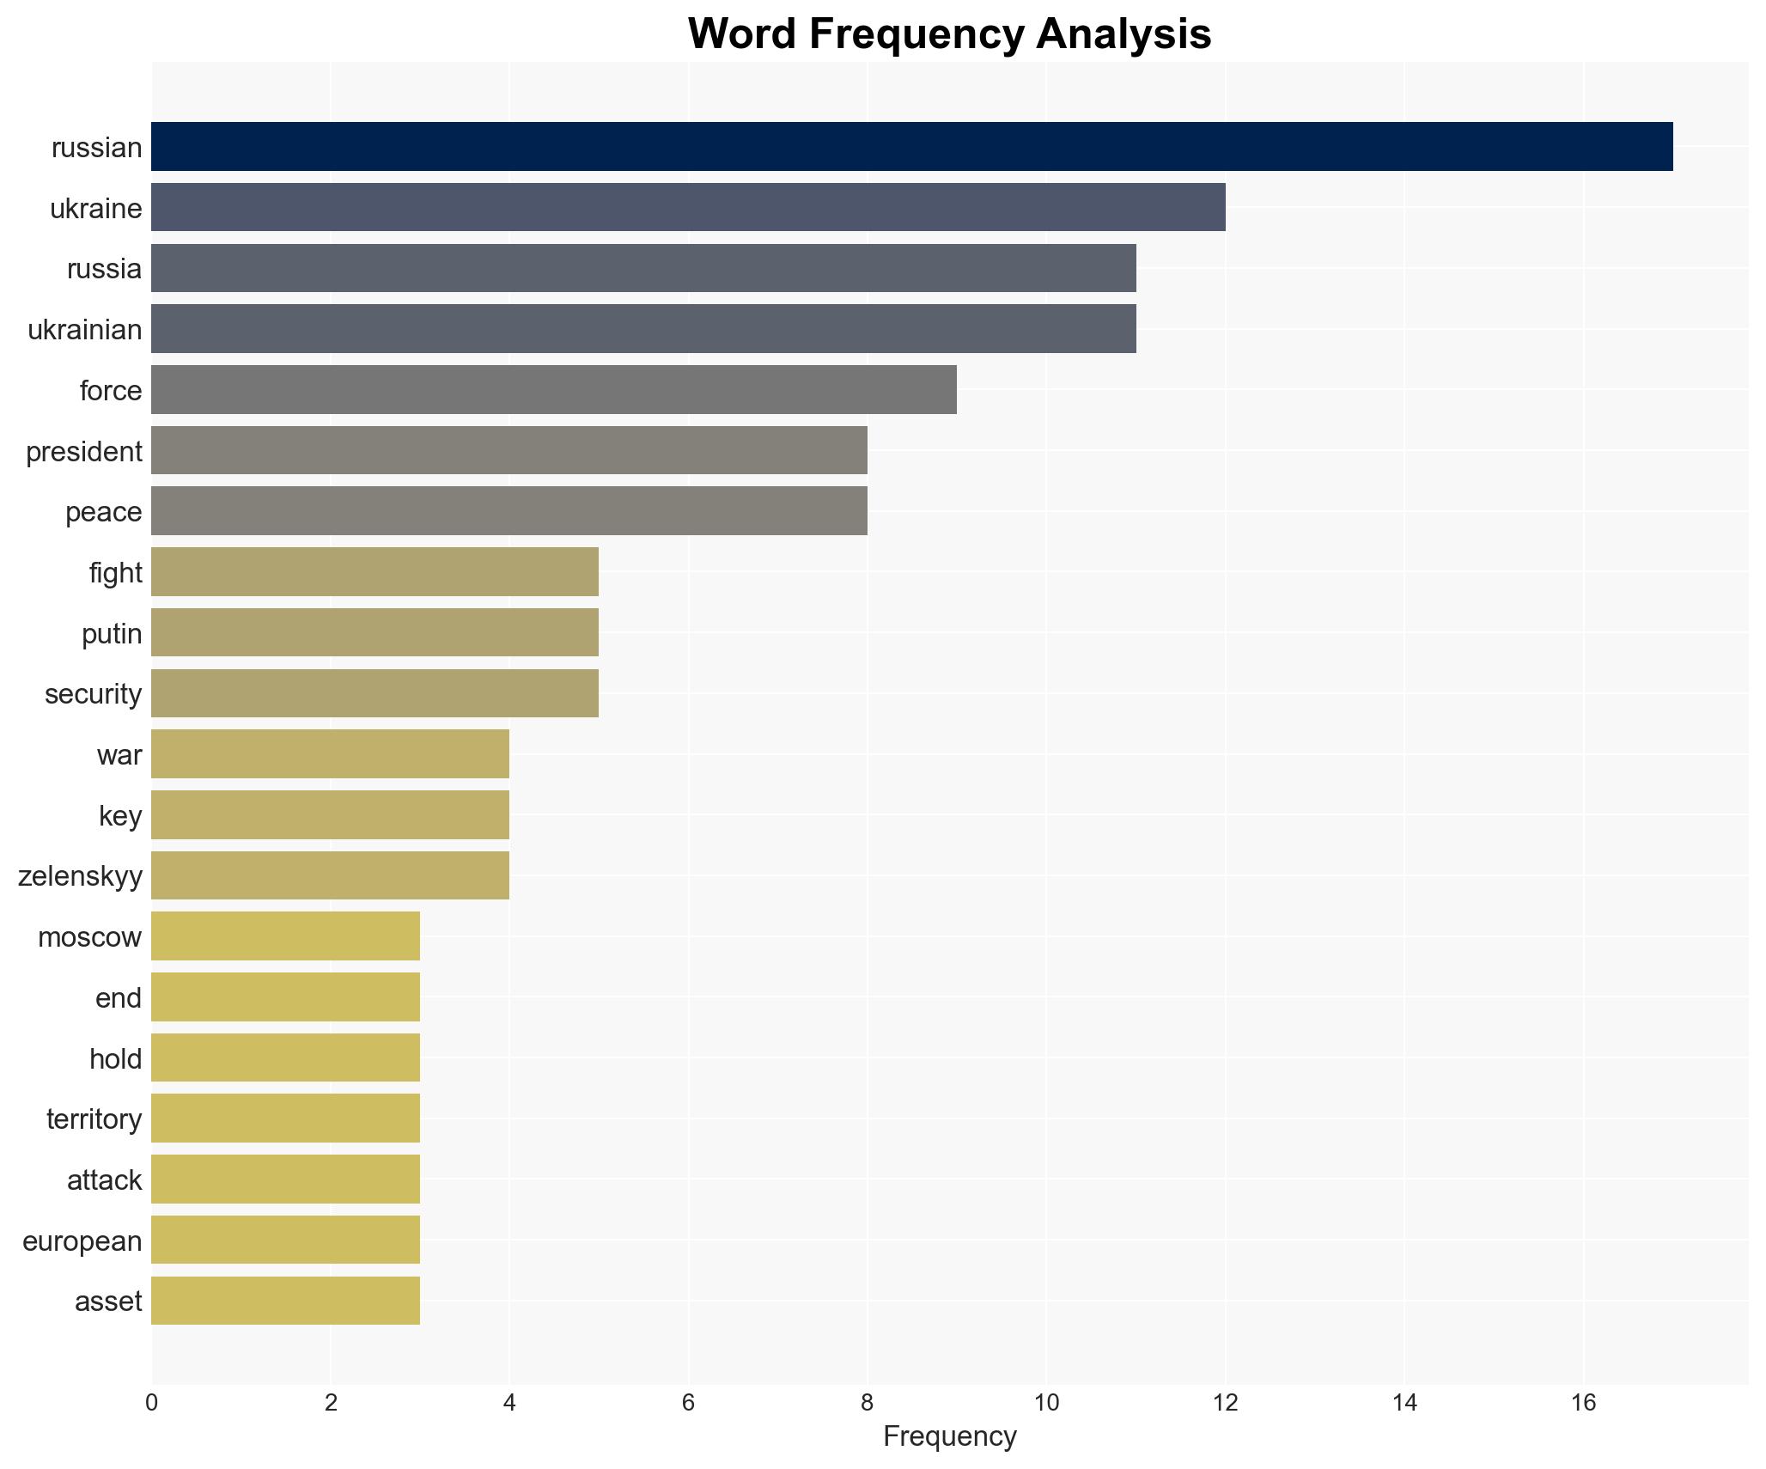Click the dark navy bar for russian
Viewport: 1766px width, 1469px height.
click(910, 147)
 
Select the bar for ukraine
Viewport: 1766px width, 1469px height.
click(687, 208)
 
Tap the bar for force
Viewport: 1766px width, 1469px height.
click(554, 390)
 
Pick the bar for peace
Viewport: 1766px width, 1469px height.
click(508, 511)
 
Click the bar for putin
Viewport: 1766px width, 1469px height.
click(375, 633)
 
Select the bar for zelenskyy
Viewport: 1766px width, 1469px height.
click(330, 875)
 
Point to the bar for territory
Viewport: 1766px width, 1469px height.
click(285, 1119)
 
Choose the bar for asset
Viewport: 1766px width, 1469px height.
click(285, 1301)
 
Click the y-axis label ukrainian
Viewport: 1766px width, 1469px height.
click(84, 330)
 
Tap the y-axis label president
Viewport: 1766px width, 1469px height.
click(83, 452)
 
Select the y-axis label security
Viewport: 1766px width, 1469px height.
click(93, 694)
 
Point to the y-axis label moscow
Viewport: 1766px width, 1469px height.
click(89, 937)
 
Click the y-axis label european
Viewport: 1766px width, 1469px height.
click(82, 1241)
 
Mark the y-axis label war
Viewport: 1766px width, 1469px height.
click(119, 755)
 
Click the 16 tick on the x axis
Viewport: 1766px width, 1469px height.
click(1583, 1403)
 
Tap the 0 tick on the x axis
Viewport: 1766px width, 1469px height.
click(152, 1403)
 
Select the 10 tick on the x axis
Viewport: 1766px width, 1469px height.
click(1046, 1403)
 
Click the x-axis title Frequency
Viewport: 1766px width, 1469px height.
click(949, 1436)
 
